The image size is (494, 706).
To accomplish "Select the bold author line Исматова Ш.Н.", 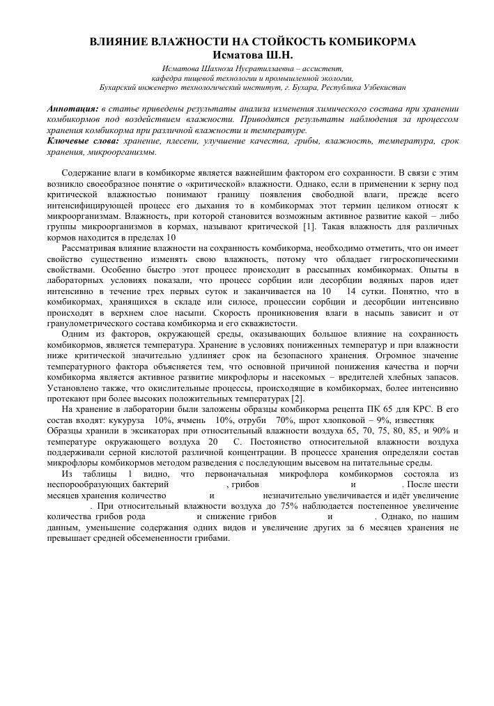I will [x=247, y=54].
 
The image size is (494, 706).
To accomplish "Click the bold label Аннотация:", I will [x=72, y=110].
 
